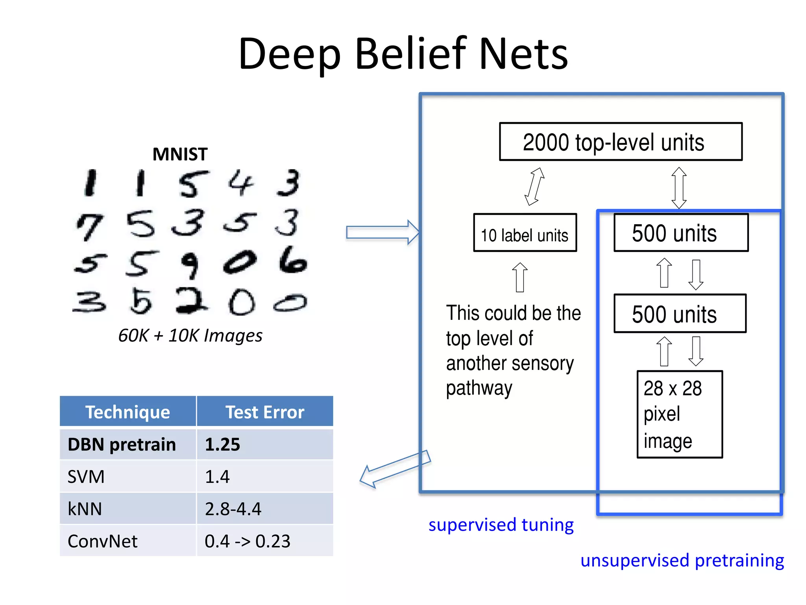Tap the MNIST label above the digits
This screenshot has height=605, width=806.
180,154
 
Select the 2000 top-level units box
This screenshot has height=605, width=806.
621,142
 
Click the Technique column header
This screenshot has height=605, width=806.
128,412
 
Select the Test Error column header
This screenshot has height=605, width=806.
264,412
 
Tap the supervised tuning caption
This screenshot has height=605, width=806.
501,525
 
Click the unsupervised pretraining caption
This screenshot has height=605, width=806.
682,560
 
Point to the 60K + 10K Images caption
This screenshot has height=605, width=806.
190,336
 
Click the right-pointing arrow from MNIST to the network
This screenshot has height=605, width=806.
382,232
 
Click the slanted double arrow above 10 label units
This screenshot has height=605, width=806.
534,186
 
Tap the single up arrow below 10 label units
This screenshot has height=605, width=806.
520,277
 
